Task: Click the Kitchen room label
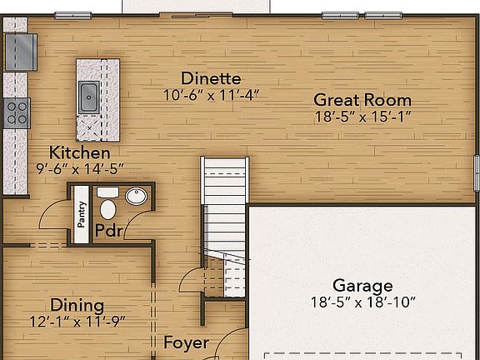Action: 79,153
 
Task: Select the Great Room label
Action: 362,100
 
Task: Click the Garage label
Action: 362,285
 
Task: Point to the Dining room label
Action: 77,305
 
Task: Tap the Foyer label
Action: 186,342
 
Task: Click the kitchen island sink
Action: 89,97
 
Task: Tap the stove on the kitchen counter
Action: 17,112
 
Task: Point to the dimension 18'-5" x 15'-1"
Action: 362,117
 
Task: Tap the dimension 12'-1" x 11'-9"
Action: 77,322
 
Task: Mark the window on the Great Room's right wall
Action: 477,173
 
